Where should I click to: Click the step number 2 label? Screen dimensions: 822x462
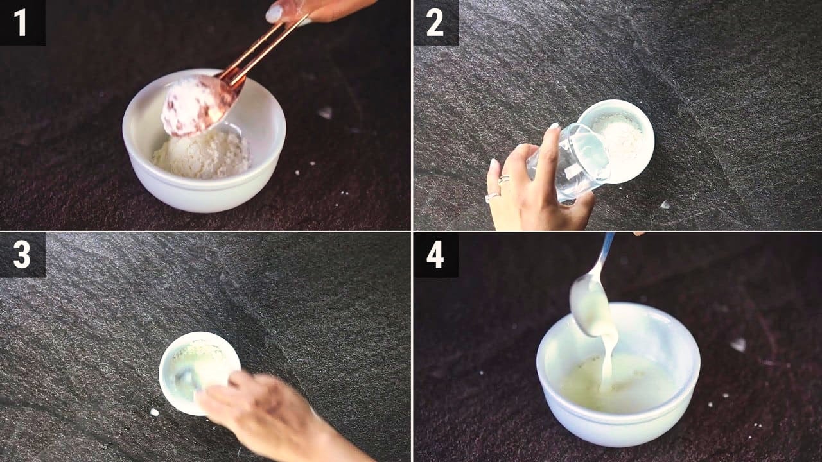pos(435,22)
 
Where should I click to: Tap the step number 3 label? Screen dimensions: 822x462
pos(22,255)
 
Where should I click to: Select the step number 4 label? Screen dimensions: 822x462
pos(435,255)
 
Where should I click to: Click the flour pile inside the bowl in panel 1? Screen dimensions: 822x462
pos(202,156)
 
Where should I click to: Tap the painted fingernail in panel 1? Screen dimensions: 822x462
pos(274,14)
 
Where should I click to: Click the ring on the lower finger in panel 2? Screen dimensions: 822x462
pos(492,198)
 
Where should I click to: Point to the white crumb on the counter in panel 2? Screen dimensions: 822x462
pos(665,205)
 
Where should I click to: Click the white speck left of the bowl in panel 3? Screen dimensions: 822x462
pos(155,412)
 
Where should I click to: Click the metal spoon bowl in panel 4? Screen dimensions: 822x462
pos(591,306)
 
